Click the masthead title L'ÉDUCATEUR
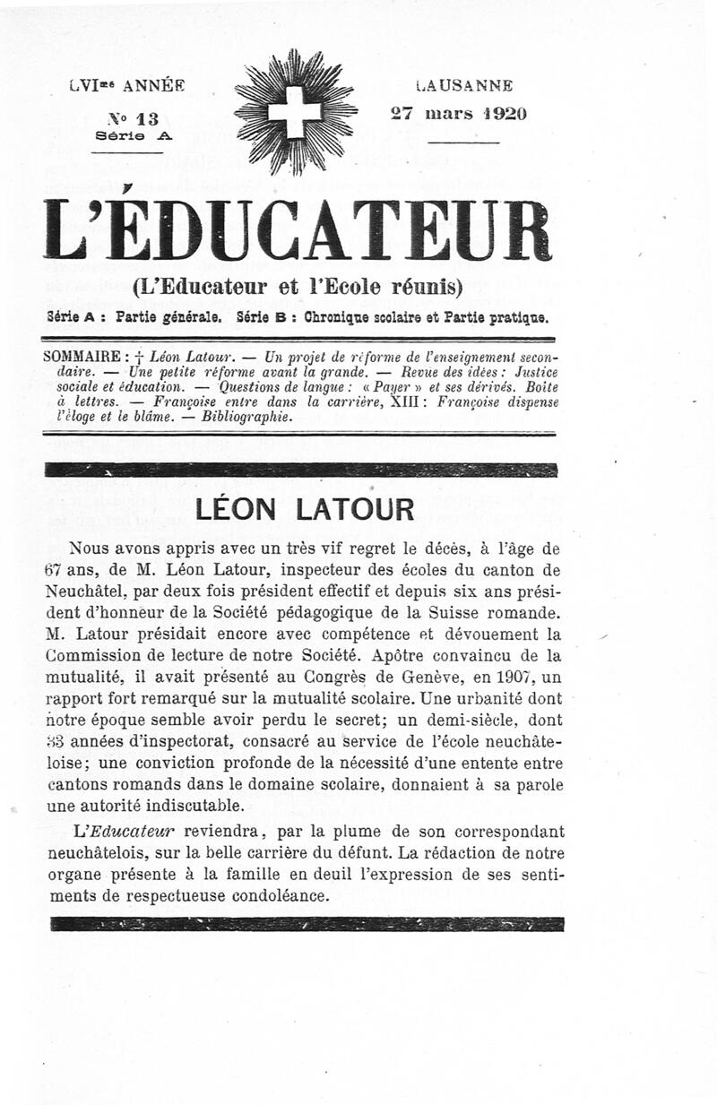(x=297, y=231)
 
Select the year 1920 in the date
(x=498, y=114)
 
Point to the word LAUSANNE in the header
(x=465, y=86)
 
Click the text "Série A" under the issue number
(x=133, y=135)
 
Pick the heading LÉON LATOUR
(x=305, y=509)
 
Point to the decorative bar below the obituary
(x=305, y=924)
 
